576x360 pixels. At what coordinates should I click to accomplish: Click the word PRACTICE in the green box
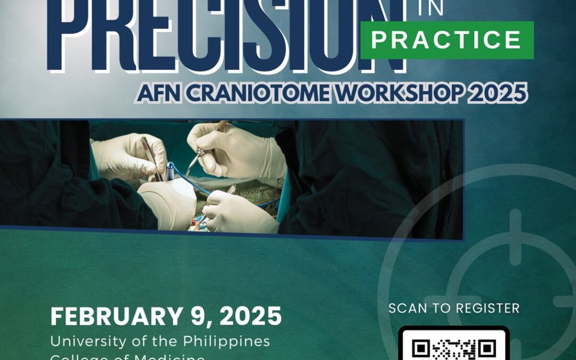pos(446,41)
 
